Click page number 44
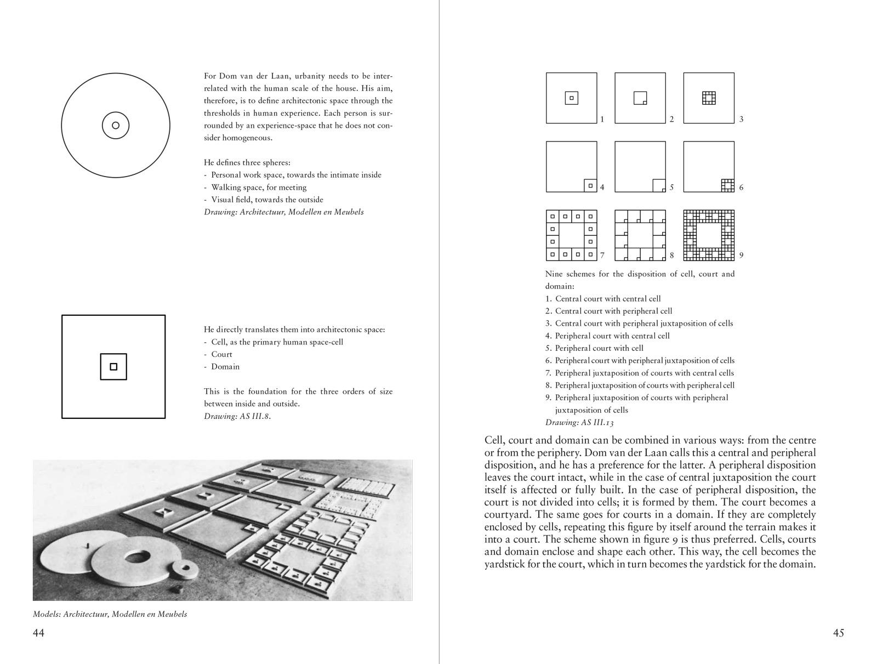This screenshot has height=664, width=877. (x=38, y=633)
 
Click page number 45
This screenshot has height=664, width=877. (x=838, y=633)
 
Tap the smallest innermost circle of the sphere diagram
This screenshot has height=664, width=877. (x=116, y=126)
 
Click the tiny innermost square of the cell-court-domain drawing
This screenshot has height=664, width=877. (x=113, y=367)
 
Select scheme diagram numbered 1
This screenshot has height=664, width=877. (x=571, y=98)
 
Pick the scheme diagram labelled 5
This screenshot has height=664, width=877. (x=640, y=167)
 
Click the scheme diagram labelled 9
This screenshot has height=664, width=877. (x=709, y=235)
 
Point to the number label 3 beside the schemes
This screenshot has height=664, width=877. (x=741, y=119)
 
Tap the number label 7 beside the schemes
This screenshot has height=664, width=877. (x=602, y=255)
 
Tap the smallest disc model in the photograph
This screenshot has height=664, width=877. (x=185, y=568)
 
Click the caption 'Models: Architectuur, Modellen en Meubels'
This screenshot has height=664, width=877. (x=110, y=614)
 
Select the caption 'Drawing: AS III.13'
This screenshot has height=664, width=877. (x=579, y=422)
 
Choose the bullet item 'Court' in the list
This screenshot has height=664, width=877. (x=221, y=354)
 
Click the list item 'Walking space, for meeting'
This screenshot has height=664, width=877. (x=259, y=188)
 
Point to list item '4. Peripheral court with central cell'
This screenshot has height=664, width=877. (x=607, y=336)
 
